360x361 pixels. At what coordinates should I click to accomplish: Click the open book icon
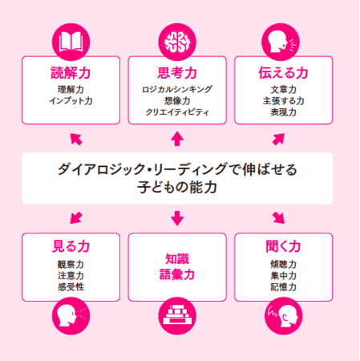pos(71,42)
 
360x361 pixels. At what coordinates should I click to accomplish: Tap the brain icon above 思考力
pos(177,42)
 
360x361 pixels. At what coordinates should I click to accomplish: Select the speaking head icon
pos(281,42)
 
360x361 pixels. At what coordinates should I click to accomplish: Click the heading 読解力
pos(71,73)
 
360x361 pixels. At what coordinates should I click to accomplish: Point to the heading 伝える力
pos(283,73)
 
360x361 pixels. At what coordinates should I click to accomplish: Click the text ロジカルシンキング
pos(177,89)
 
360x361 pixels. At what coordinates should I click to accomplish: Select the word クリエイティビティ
pos(177,112)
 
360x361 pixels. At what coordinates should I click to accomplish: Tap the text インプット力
pos(71,101)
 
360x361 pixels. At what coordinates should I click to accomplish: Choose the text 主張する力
pos(284,101)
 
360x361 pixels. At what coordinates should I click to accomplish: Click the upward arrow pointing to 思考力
pos(177,139)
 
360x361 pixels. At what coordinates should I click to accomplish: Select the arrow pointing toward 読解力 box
pos(76,139)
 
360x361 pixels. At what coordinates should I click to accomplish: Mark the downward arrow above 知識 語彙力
pos(177,218)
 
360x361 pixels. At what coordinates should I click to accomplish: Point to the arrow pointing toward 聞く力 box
pos(278,217)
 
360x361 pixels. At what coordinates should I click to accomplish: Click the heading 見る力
pos(71,246)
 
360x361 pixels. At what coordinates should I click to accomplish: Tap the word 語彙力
pos(177,274)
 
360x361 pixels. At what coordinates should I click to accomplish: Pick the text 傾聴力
pos(284,264)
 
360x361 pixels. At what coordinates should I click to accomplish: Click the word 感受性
pos(71,287)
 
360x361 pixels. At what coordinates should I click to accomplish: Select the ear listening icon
pos(284,316)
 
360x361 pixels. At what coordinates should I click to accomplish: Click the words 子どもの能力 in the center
pos(177,187)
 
